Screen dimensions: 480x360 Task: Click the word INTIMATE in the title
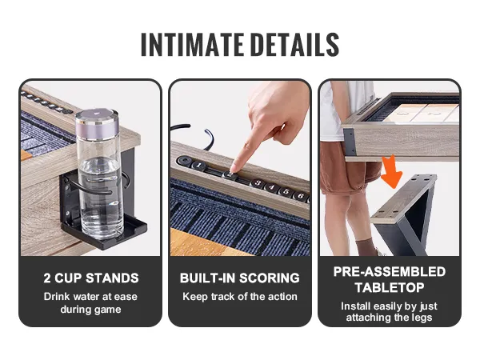(x=192, y=45)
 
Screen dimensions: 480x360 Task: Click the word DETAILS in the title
(x=296, y=45)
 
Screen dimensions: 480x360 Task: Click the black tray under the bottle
(x=104, y=232)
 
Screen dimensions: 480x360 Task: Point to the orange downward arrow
(x=390, y=171)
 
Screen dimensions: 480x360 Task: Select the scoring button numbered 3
(x=258, y=183)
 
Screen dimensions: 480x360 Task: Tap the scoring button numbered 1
(x=199, y=166)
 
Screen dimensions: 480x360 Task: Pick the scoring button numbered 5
(x=286, y=191)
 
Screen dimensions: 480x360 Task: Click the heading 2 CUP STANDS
(x=91, y=278)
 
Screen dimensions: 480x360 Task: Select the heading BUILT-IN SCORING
(x=240, y=278)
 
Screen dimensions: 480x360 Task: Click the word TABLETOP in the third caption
(x=390, y=288)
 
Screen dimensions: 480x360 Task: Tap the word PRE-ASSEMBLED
(x=390, y=272)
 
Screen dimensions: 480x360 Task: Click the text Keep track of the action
(x=240, y=297)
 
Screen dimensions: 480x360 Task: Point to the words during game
(x=90, y=310)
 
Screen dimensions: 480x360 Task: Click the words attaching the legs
(x=389, y=318)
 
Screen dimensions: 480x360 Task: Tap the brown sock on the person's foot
(x=366, y=247)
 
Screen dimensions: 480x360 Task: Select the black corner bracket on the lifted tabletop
(x=350, y=142)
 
